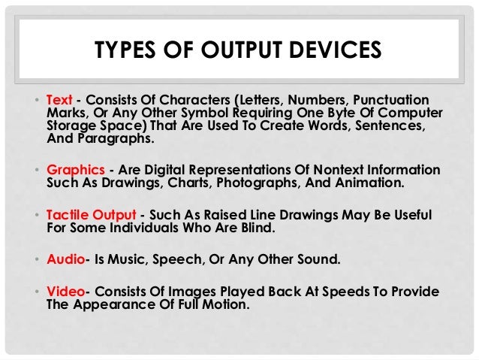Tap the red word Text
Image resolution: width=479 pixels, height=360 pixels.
59,101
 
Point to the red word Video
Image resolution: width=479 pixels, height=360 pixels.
64,292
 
